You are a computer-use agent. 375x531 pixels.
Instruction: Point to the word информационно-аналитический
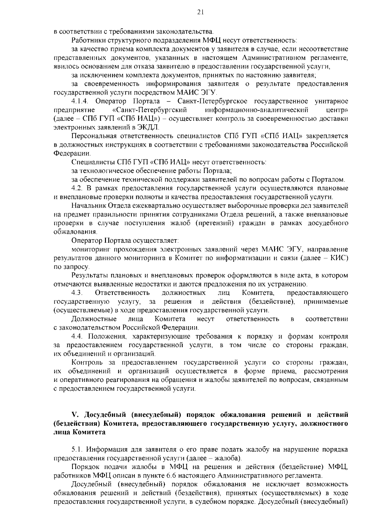tap(257, 110)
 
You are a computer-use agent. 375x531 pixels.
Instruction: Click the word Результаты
tap(90, 276)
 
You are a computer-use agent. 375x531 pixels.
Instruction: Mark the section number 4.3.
tap(77, 293)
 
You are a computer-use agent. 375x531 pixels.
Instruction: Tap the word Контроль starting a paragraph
tap(87, 363)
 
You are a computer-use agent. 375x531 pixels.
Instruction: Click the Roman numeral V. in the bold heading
tap(74, 415)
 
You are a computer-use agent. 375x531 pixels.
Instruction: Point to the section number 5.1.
tap(77, 450)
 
